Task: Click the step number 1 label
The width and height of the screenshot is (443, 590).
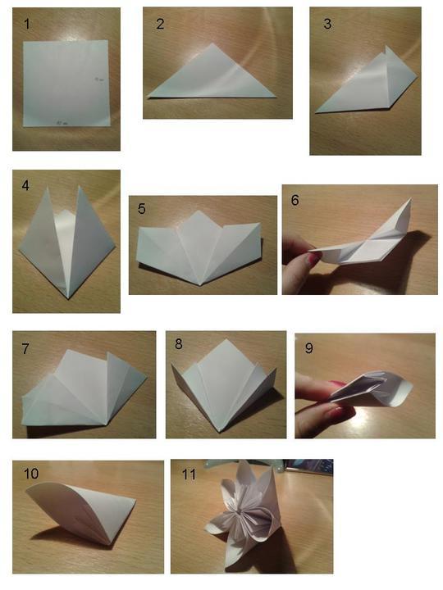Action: [x=27, y=24]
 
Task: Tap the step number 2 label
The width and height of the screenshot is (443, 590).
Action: [x=160, y=24]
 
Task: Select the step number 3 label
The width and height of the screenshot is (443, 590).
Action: [x=327, y=24]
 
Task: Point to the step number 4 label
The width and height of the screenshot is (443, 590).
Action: [x=25, y=185]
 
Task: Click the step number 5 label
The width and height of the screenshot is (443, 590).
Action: [x=142, y=208]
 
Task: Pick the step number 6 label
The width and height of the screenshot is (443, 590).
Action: [x=295, y=200]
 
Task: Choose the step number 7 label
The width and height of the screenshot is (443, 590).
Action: [x=25, y=348]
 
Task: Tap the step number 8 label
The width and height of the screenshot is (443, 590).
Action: [x=179, y=343]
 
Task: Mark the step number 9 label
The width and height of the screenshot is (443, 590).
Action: [x=308, y=347]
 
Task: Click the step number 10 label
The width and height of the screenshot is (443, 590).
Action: [x=31, y=474]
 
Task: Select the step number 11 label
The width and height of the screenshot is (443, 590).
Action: [x=189, y=474]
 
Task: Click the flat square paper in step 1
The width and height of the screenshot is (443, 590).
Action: [x=66, y=83]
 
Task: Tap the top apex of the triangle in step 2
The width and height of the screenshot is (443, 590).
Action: [x=212, y=43]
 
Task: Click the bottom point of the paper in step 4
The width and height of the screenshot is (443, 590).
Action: [x=68, y=298]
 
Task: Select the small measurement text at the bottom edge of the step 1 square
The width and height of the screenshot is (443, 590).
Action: [x=62, y=123]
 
